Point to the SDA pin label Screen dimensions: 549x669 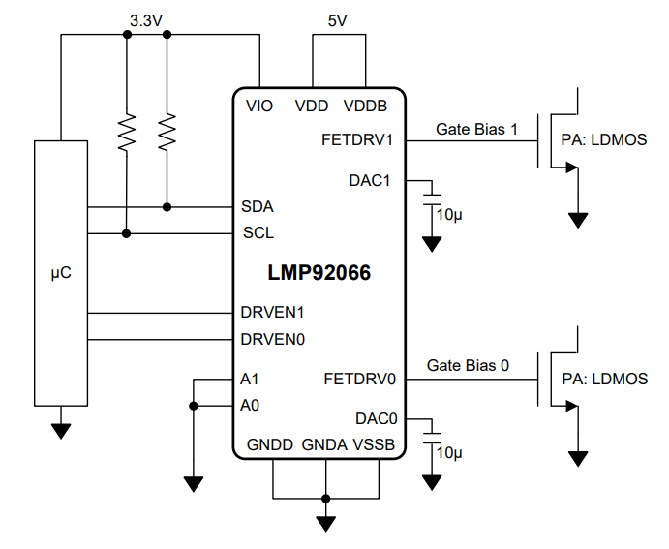tap(257, 207)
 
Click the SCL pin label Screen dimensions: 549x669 tap(258, 233)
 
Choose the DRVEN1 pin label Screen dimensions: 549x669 tap(272, 313)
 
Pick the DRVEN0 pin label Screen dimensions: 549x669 tap(272, 340)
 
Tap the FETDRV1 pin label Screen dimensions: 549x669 tap(357, 139)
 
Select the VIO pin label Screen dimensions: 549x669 tap(259, 106)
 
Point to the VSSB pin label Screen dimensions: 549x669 tap(374, 445)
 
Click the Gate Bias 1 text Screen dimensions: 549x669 tap(477, 128)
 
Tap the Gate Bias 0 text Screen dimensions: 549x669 tap(468, 366)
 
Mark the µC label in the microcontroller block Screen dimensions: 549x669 tap(60, 273)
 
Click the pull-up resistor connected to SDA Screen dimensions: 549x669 tap(167, 132)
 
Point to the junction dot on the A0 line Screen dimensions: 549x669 tap(194, 406)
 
